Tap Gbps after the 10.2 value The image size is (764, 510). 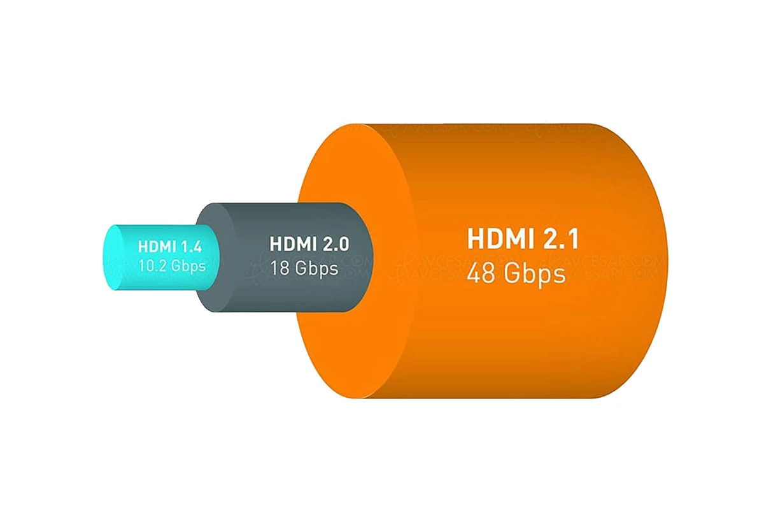tap(189, 265)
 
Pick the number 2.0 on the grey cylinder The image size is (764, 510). tap(337, 244)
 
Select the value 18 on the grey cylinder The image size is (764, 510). tap(281, 268)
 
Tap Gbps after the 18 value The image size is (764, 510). tap(316, 268)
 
